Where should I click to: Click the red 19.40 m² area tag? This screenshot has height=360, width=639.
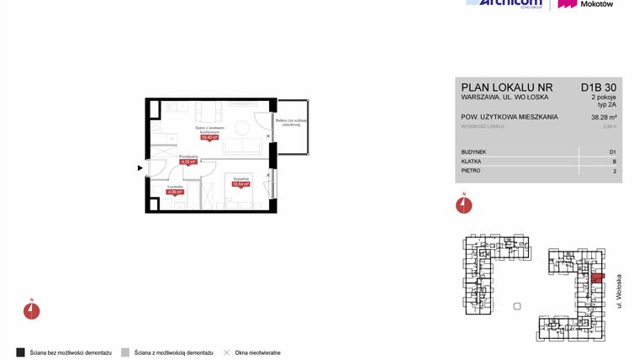(x=209, y=139)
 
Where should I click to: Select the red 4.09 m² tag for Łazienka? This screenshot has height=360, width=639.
(x=175, y=192)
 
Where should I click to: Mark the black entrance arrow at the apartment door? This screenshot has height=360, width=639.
(x=141, y=168)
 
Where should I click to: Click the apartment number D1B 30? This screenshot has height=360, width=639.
(x=599, y=87)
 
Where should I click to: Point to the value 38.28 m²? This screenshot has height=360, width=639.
(x=602, y=117)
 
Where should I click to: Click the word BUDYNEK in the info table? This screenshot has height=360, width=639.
(x=473, y=151)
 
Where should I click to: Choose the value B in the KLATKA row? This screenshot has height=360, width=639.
(x=614, y=161)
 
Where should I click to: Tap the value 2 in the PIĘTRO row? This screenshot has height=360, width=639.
(x=615, y=171)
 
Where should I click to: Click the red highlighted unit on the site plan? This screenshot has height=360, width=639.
(x=596, y=278)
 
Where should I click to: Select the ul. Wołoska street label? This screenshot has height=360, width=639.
(x=620, y=290)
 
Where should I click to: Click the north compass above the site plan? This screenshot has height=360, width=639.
(x=463, y=204)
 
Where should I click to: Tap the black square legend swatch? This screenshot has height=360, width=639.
(x=20, y=352)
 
